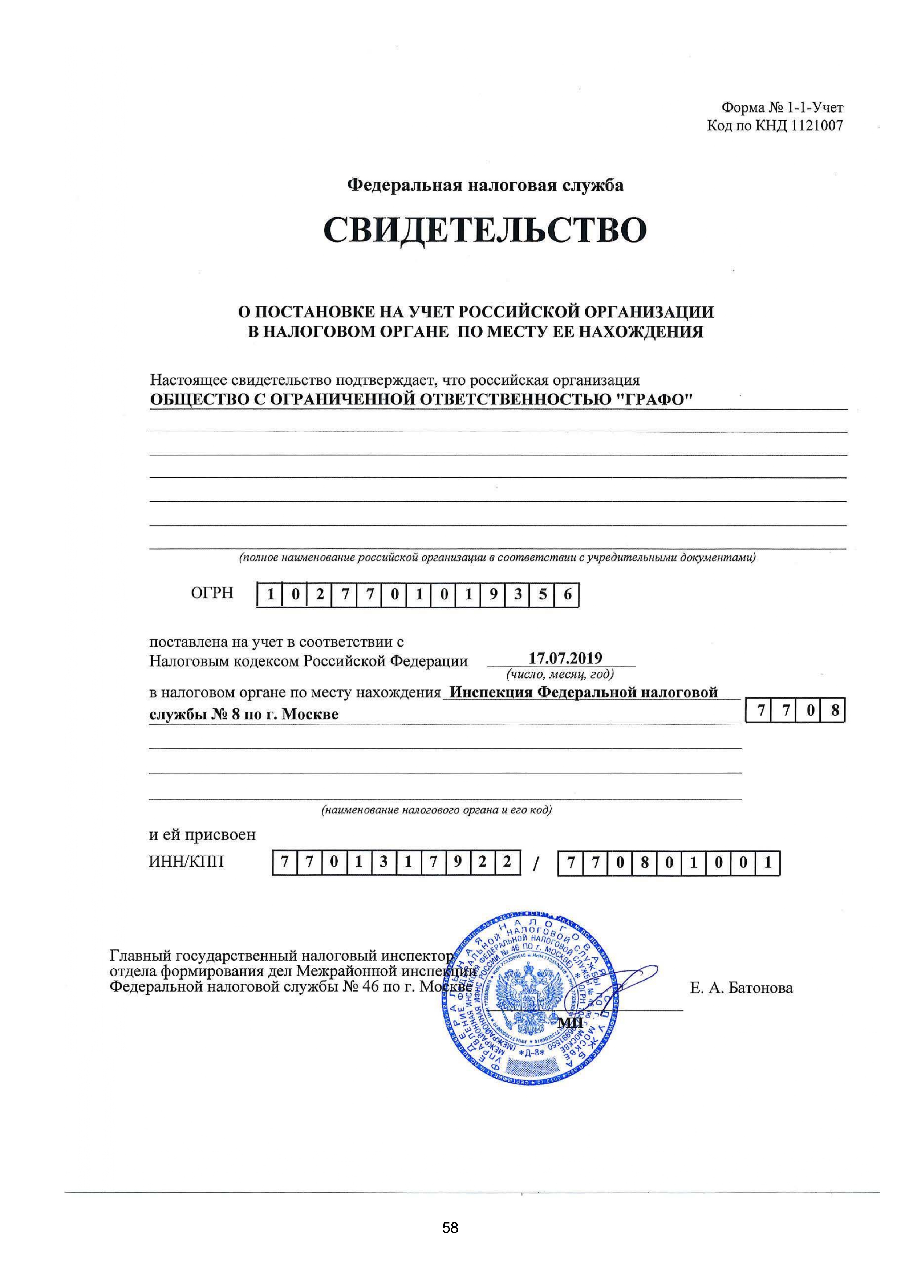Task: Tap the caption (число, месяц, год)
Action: coord(560,675)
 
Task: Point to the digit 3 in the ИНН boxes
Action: coord(383,863)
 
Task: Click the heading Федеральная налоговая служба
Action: coord(485,185)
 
